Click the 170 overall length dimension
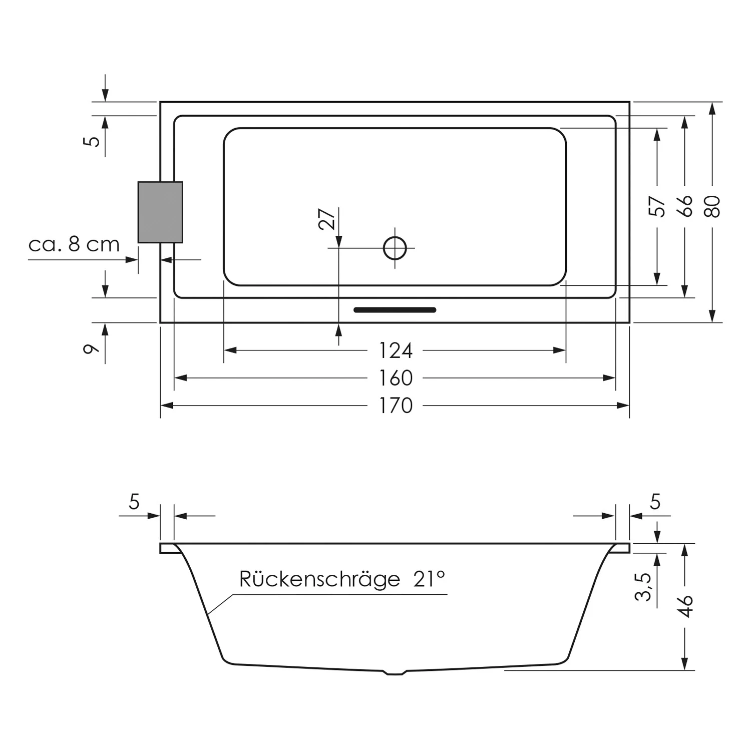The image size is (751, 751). pos(396,406)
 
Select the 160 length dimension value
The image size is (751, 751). pos(396,378)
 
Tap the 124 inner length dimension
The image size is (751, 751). pos(396,350)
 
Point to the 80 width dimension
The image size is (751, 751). pos(712,206)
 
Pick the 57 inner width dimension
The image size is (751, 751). pos(657,206)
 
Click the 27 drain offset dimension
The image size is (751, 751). pos(327,219)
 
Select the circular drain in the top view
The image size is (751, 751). pos(395,248)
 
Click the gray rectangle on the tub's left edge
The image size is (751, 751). pos(160,212)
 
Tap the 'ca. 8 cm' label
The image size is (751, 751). pos(74,244)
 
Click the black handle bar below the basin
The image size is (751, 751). pos(395,310)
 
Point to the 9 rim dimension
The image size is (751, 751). pos(91,349)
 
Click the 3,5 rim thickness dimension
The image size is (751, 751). pos(643,586)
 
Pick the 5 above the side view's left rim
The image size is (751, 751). pos(134,501)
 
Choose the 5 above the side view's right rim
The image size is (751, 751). pos(655,501)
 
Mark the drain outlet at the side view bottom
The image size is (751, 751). pos(395,672)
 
